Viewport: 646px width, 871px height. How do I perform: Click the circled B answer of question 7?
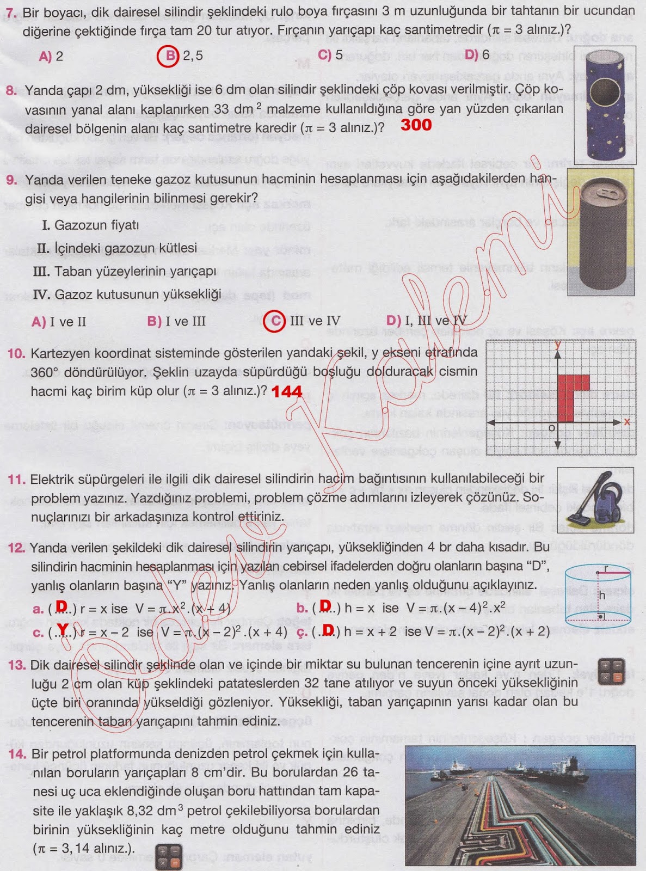[x=168, y=56]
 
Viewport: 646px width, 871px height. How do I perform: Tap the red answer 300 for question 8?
[x=416, y=125]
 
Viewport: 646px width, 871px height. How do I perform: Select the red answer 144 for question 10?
[x=286, y=391]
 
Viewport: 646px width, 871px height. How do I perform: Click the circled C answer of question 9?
[x=274, y=321]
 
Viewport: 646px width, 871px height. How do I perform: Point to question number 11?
[x=16, y=480]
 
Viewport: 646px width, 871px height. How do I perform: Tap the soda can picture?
[x=600, y=232]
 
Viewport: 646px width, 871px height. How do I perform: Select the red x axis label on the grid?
[x=627, y=422]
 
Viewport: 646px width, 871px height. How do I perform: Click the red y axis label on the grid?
[x=558, y=344]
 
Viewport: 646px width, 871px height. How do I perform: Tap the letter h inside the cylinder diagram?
[x=602, y=596]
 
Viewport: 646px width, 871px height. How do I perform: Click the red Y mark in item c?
[x=63, y=631]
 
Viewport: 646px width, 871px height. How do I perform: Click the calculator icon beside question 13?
[x=611, y=671]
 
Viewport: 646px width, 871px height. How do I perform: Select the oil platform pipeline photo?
[x=520, y=805]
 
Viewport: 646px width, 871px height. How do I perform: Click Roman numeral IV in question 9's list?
[x=41, y=295]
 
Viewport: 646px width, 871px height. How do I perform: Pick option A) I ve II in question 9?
[x=59, y=321]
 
